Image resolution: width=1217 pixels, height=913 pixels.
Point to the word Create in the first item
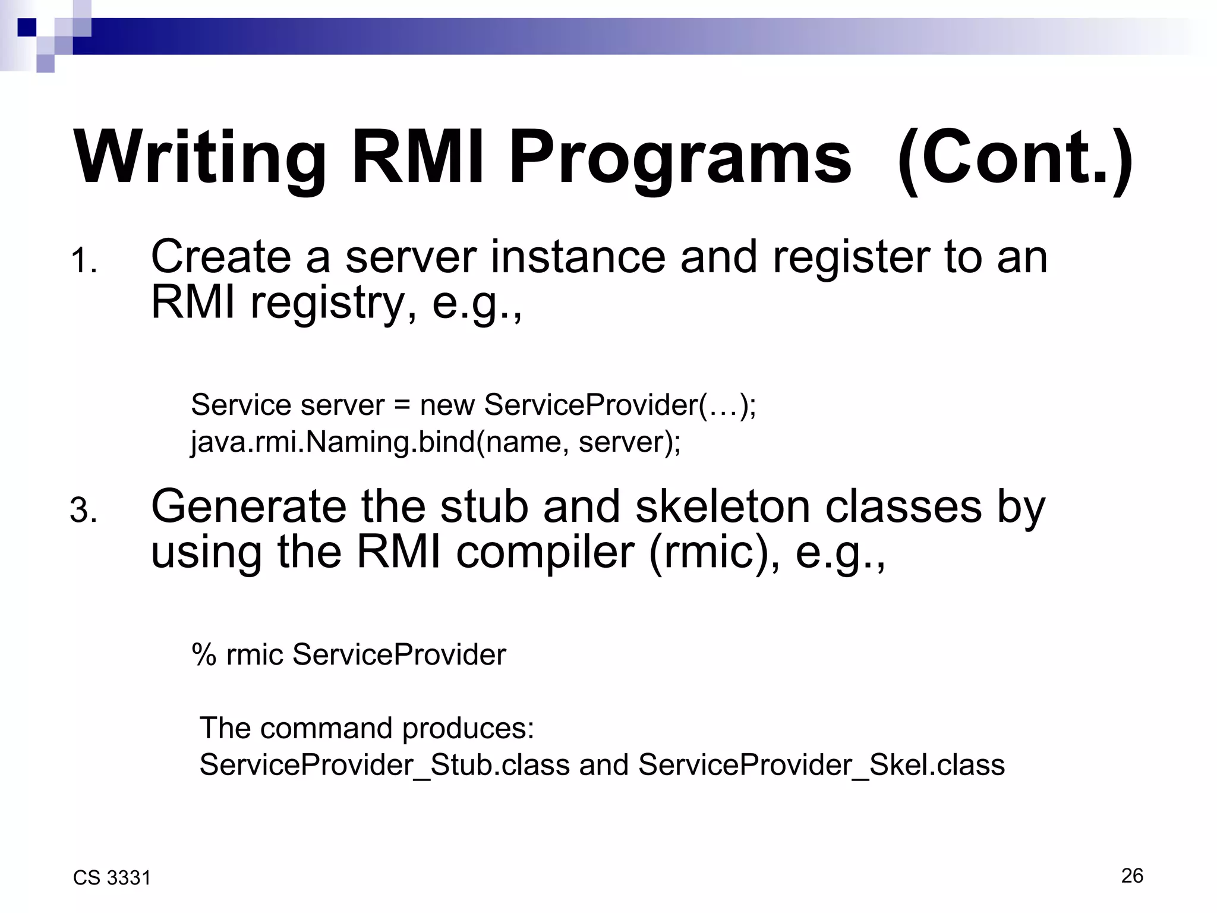tap(220, 257)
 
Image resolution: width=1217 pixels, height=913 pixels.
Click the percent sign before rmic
tap(204, 655)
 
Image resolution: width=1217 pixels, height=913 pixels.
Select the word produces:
tap(468, 728)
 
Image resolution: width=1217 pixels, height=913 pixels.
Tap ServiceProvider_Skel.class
tap(821, 764)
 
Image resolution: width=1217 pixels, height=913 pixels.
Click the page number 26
tap(1132, 876)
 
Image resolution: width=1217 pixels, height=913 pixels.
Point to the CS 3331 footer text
tap(112, 878)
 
